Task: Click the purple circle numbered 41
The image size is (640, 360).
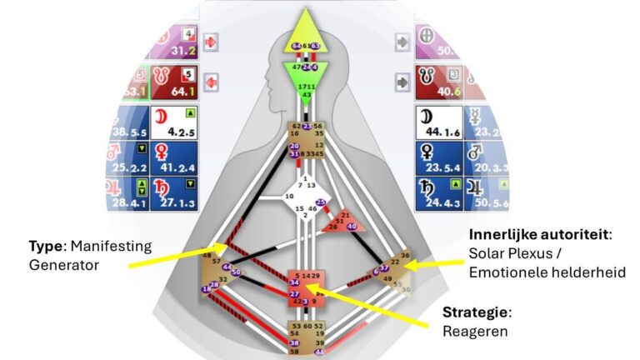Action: coord(319,351)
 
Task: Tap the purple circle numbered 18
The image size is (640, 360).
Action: coord(205,289)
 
